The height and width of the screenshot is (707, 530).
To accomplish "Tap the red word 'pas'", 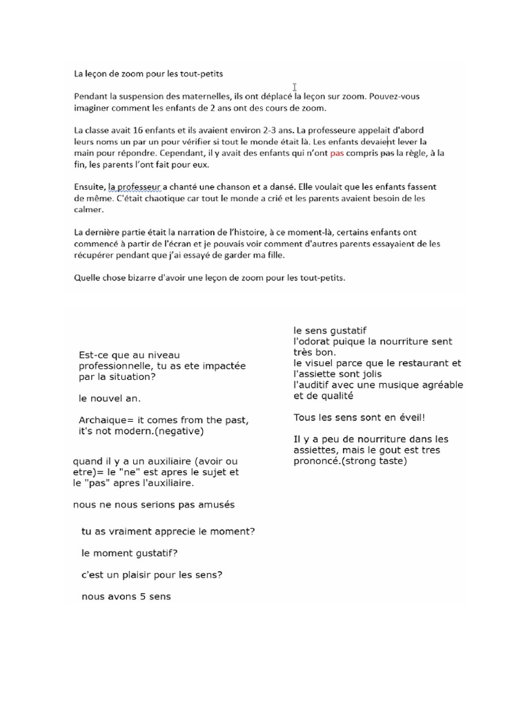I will (x=337, y=153).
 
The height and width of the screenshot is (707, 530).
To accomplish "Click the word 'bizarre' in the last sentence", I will (x=144, y=278).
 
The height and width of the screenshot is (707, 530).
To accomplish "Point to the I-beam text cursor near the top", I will (x=295, y=87).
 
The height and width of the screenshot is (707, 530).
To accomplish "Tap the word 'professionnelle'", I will (x=123, y=366).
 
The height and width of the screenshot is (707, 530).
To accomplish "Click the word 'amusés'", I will (x=215, y=505).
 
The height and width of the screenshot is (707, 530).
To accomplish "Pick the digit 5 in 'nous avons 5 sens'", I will (x=144, y=597).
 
